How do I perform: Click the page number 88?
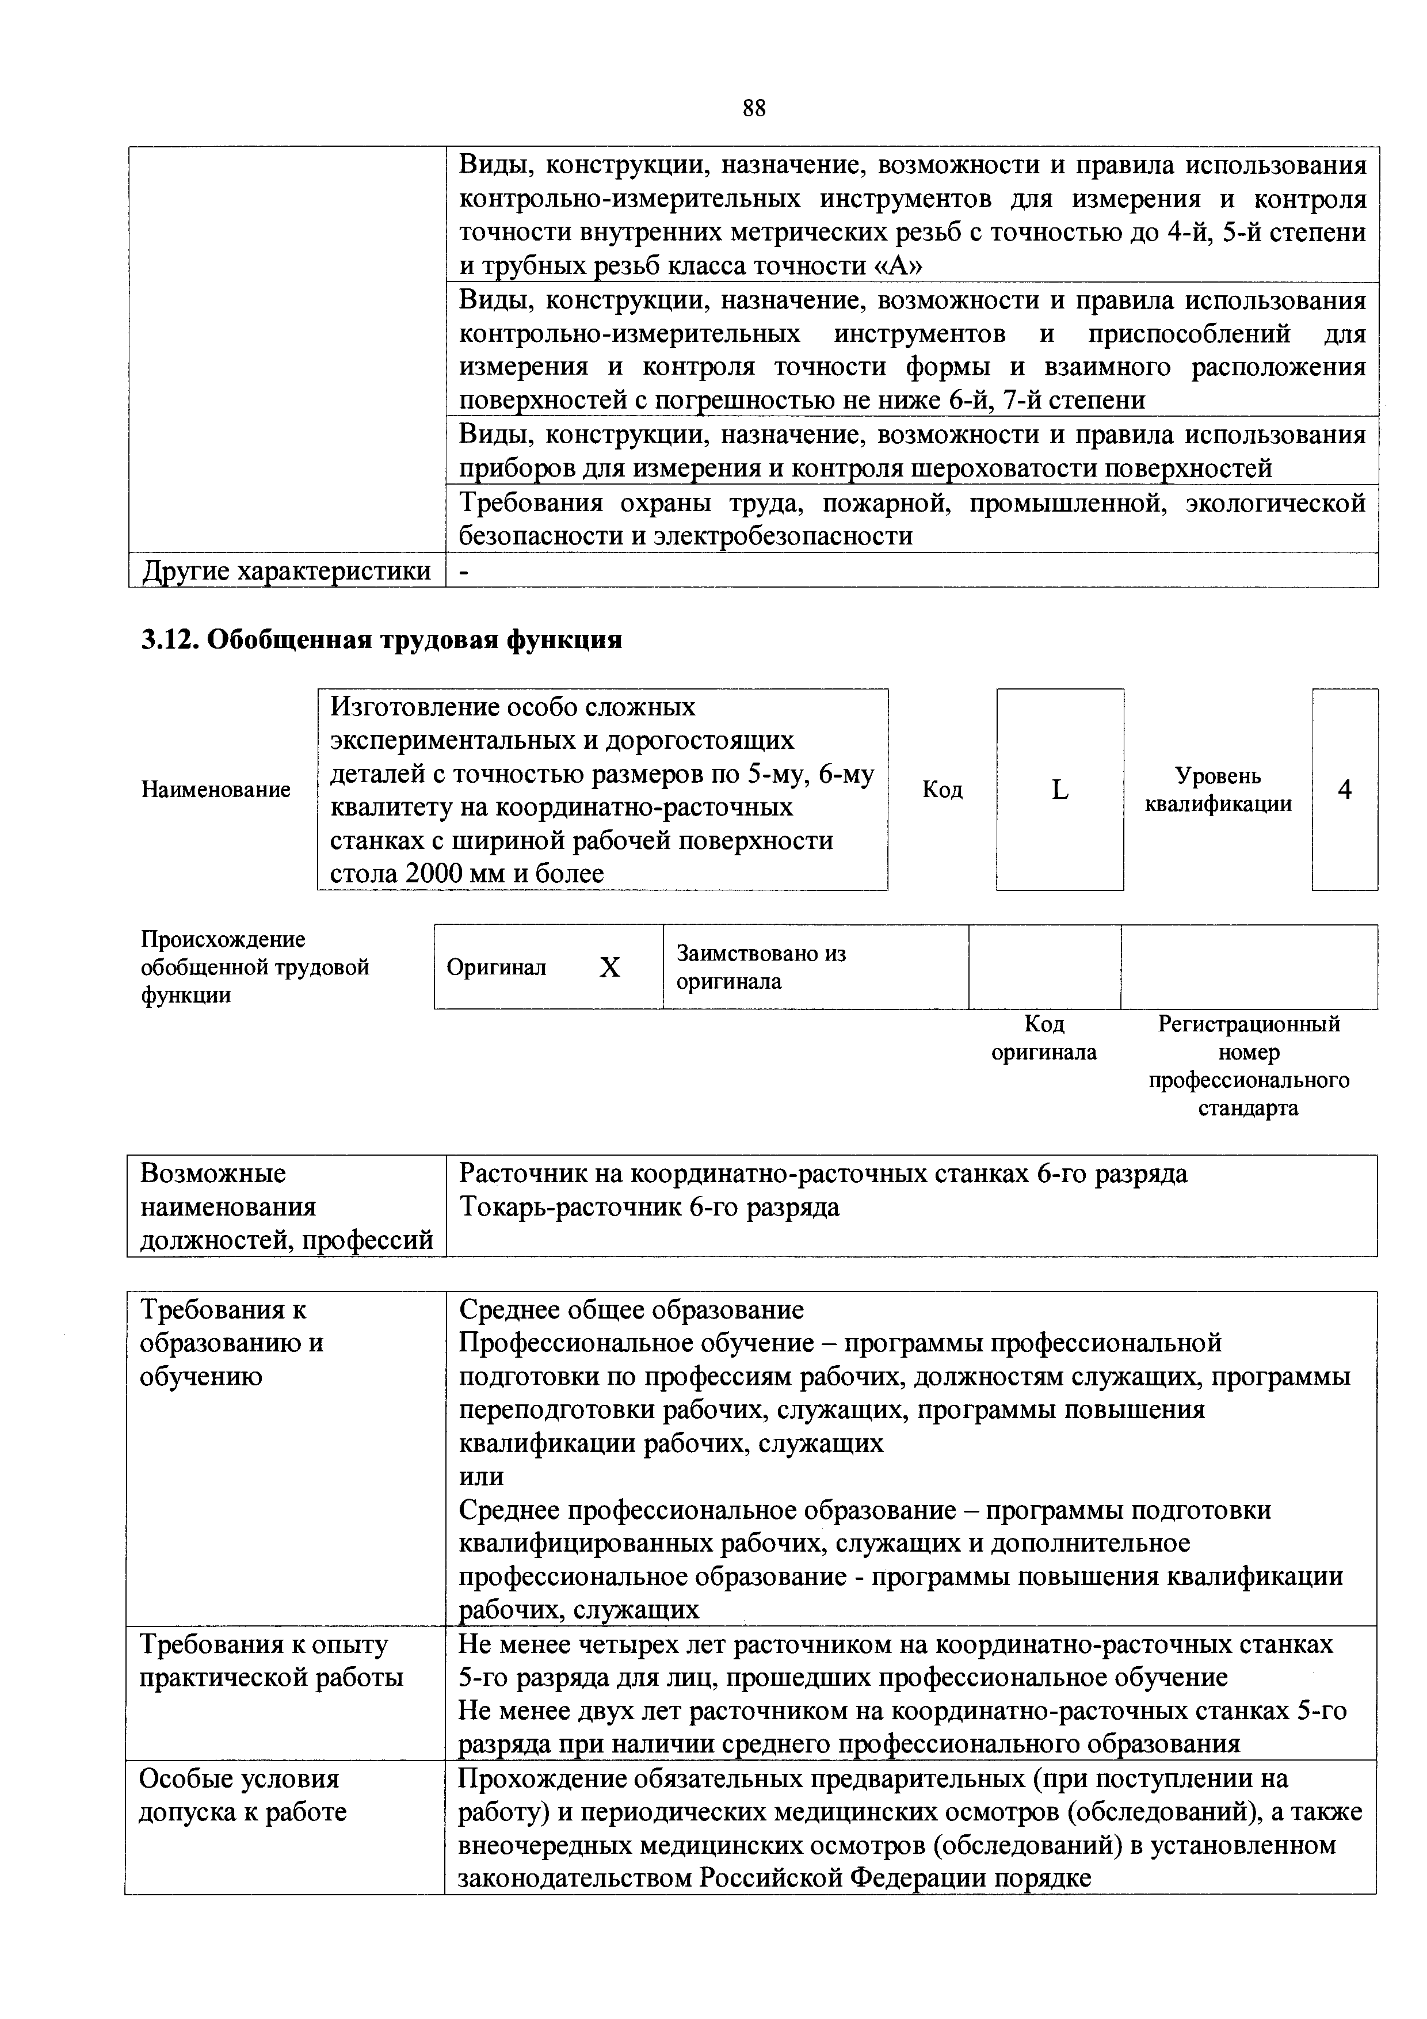(x=754, y=108)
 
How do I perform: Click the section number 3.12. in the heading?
(x=170, y=640)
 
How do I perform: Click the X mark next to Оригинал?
(x=609, y=967)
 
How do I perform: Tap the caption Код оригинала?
(x=1044, y=1038)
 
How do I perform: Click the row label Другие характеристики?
(x=287, y=571)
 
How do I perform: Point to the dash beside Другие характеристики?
(x=465, y=571)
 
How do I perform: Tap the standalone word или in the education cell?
(x=481, y=1476)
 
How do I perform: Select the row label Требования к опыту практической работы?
(x=271, y=1660)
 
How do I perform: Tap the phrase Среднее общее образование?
(x=631, y=1311)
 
